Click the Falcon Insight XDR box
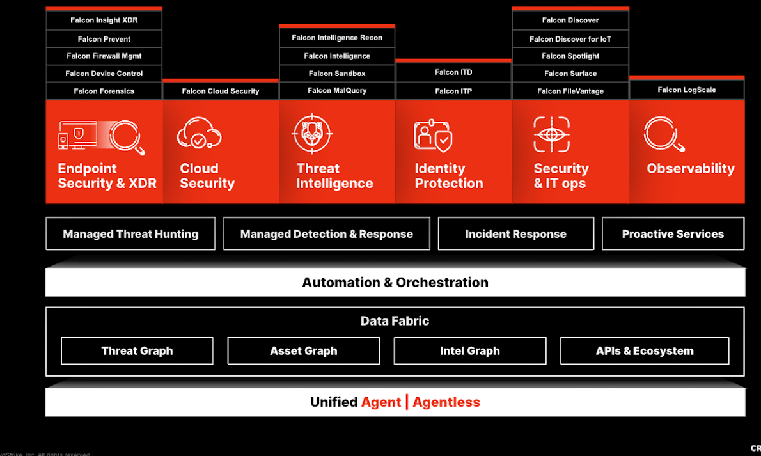pos(104,20)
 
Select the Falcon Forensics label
pos(104,91)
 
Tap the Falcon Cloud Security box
pos(221,91)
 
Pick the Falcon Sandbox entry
pos(337,74)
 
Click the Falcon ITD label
pos(453,72)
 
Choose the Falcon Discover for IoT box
pos(570,39)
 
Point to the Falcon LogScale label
pos(687,90)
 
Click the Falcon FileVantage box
pos(570,91)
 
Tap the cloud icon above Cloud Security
pos(199,133)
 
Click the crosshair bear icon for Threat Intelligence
pos(312,133)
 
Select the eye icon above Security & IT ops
pos(551,134)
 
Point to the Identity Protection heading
pos(449,176)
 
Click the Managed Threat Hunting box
pos(130,234)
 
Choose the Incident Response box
pos(515,234)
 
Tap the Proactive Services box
pos(673,234)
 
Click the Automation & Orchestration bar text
pos(395,283)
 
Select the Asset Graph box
pos(303,351)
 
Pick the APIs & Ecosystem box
pos(645,351)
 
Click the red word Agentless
pos(446,402)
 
